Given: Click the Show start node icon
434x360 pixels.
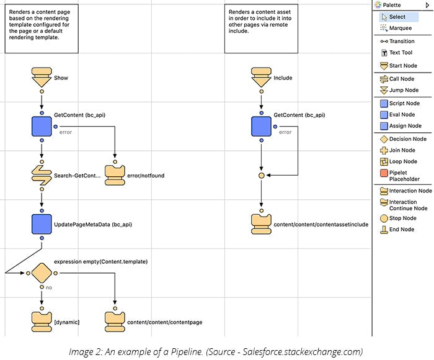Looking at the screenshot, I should [42, 77].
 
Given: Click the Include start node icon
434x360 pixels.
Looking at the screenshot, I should [261, 77].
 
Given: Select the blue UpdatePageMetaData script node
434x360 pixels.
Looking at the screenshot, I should [42, 224].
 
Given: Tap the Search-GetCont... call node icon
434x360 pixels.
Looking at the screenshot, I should [42, 176].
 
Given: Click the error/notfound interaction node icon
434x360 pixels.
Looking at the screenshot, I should [115, 175].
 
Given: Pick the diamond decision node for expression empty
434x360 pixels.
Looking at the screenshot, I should [42, 273].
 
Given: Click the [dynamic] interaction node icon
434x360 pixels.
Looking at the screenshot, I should [42, 321].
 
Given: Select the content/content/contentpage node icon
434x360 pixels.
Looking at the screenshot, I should [115, 321].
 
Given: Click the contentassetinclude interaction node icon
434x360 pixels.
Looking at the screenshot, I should [261, 223].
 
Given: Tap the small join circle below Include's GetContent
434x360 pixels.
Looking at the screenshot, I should [261, 176].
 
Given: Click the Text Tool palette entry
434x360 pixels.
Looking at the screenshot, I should [401, 53].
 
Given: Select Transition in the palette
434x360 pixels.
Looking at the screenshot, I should [401, 41].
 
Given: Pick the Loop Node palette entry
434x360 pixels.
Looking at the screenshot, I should [402, 161].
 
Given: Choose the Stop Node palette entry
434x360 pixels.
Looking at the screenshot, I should [402, 218].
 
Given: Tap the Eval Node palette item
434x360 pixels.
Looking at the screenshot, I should [402, 114].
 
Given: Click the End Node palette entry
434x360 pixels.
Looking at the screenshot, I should [401, 230].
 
